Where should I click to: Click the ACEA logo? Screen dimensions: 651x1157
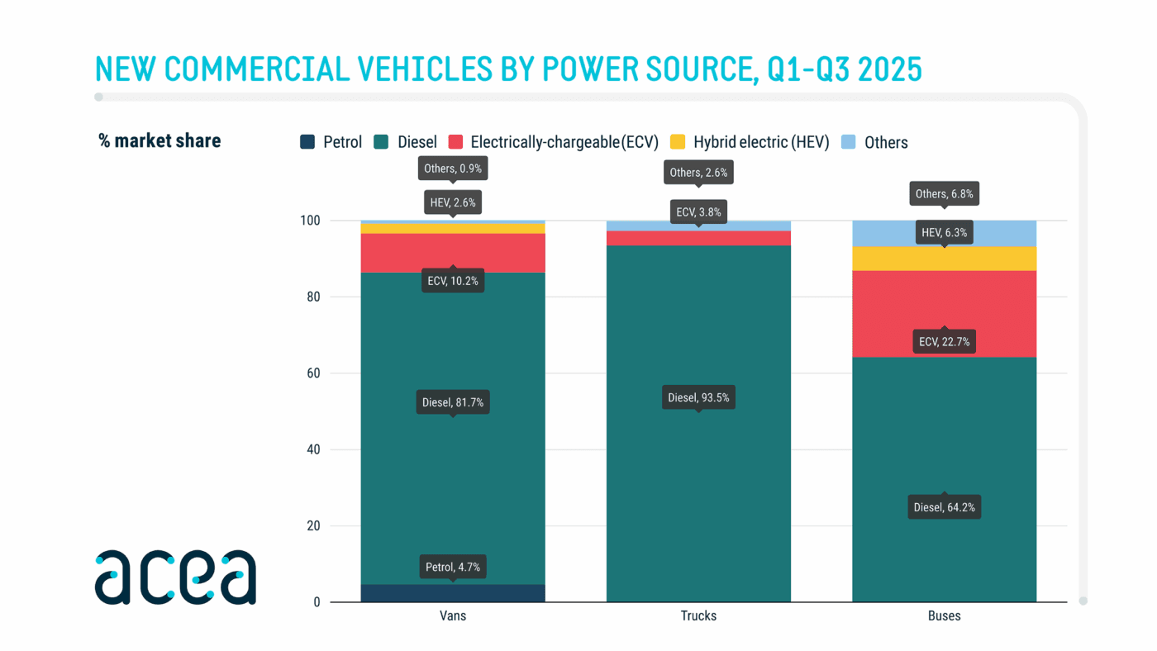pyautogui.click(x=175, y=577)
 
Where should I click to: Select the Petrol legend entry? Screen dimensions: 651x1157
pyautogui.click(x=331, y=142)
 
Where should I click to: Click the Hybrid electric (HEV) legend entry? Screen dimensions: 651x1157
pyautogui.click(x=750, y=142)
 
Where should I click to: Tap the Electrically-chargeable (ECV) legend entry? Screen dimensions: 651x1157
pyautogui.click(x=554, y=142)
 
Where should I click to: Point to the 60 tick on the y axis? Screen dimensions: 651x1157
pyautogui.click(x=313, y=373)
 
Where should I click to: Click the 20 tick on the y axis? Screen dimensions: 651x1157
pyautogui.click(x=313, y=526)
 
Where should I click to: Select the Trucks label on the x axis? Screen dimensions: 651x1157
pyautogui.click(x=698, y=616)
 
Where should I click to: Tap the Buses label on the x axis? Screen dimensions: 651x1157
pyautogui.click(x=944, y=616)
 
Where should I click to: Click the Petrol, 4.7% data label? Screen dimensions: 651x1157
pyautogui.click(x=452, y=567)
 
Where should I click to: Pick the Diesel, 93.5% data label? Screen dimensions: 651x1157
pyautogui.click(x=698, y=397)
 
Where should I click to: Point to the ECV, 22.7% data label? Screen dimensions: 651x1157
pyautogui.click(x=944, y=341)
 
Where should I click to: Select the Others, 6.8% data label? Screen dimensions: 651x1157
pyautogui.click(x=944, y=194)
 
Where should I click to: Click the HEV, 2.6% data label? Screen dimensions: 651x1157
pyautogui.click(x=452, y=202)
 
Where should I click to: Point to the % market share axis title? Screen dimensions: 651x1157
pyautogui.click(x=160, y=141)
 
